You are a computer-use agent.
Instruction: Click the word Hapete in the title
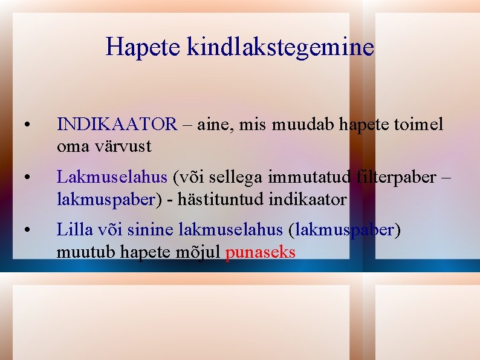[x=143, y=47]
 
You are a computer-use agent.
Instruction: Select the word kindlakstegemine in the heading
[x=281, y=47]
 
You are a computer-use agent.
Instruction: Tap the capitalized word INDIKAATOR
[x=117, y=125]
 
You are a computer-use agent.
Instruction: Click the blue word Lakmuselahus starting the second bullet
[x=112, y=177]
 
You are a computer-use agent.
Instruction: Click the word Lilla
[x=73, y=229]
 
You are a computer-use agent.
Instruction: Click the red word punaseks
[x=260, y=252]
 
